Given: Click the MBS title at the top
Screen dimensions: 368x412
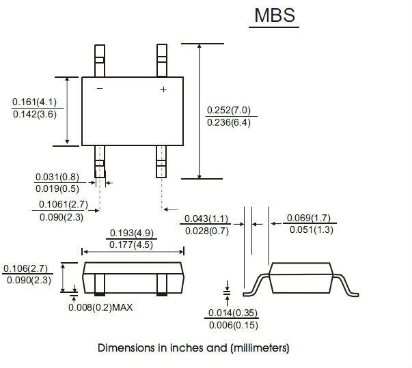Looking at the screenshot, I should click(276, 16).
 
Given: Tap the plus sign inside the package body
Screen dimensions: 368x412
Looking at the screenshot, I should click(163, 89).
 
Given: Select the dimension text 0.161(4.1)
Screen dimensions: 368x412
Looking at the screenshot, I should click(34, 102).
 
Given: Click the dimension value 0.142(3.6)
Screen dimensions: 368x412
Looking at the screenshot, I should click(34, 115).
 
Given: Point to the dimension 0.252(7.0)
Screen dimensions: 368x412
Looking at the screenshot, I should click(229, 110).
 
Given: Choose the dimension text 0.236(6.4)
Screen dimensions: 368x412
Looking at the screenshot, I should click(229, 122).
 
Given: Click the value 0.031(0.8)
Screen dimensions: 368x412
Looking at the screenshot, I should click(56, 177).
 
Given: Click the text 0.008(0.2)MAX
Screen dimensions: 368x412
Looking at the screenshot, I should click(100, 307).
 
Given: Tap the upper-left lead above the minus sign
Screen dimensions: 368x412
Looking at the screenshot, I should click(100, 59).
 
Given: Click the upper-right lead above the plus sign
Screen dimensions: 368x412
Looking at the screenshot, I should click(162, 59).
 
